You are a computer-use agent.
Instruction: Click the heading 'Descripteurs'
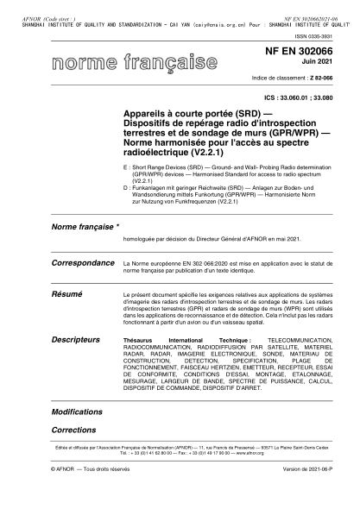tap(76, 340)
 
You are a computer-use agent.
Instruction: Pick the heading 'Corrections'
tap(73, 429)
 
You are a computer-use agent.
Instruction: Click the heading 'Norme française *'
tap(84, 227)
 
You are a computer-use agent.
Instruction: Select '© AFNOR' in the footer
tap(65, 493)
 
